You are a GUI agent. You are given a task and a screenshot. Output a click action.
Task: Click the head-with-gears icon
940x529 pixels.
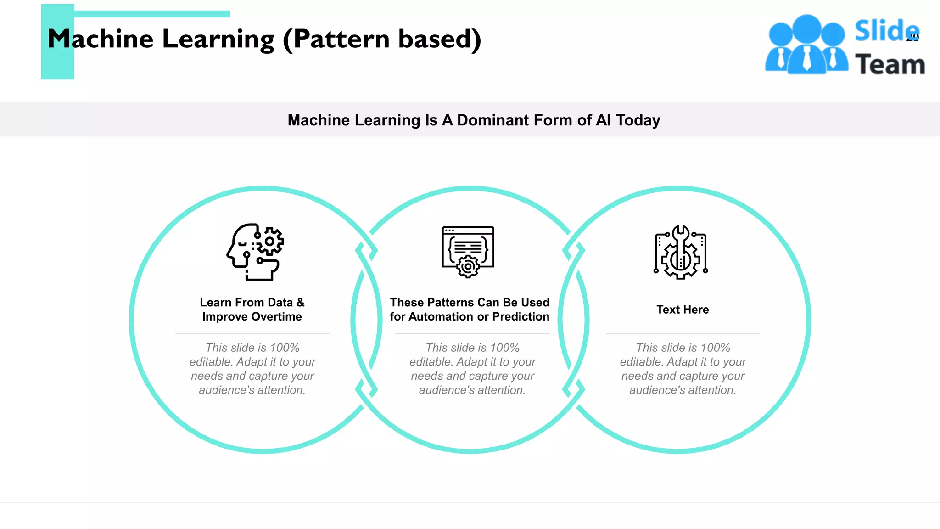point(255,252)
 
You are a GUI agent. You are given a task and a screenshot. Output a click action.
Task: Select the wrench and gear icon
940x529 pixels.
point(681,252)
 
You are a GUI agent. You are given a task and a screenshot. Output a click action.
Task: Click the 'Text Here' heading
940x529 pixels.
point(683,310)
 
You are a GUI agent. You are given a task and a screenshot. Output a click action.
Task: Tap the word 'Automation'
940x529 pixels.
point(442,317)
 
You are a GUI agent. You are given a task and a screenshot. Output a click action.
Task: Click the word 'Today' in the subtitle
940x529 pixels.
point(638,120)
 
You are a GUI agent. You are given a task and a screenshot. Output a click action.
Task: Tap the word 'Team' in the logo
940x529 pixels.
point(890,64)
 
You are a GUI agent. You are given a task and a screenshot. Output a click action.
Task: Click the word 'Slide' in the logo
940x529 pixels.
point(886,31)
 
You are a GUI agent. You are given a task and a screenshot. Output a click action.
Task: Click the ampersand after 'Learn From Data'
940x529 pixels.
point(300,303)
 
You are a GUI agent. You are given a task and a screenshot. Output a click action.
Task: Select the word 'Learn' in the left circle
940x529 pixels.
point(215,303)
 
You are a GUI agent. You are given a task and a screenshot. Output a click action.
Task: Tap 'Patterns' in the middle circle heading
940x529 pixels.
point(452,303)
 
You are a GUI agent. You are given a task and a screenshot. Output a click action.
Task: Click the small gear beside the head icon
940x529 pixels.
point(270,241)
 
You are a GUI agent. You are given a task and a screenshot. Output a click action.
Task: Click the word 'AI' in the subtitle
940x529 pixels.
point(603,120)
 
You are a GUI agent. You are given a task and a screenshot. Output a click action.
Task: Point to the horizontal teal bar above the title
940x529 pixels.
point(152,14)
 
